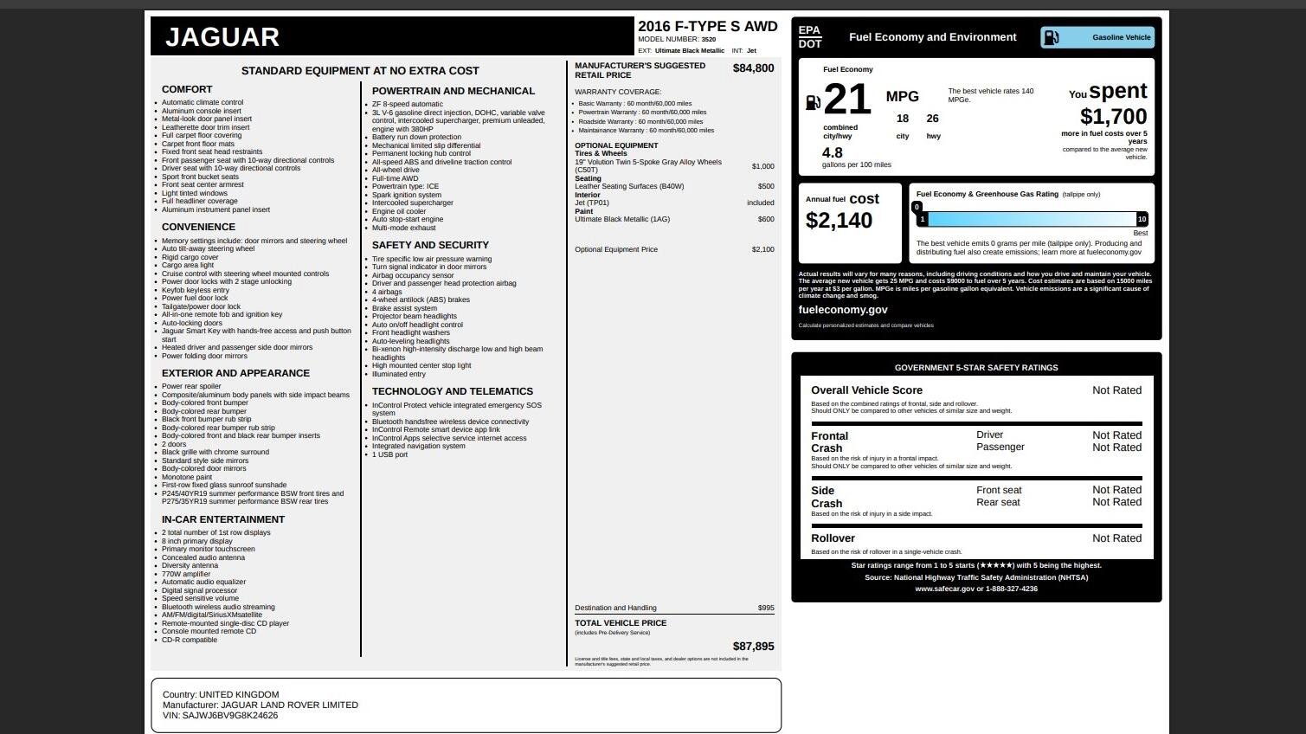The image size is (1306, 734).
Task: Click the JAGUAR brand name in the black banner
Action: [222, 37]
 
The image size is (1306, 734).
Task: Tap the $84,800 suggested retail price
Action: [753, 68]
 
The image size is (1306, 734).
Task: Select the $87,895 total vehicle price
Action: [753, 647]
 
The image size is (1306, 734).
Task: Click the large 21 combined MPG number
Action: [847, 100]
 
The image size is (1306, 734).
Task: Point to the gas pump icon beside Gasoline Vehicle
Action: [1051, 37]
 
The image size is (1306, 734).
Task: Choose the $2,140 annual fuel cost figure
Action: [839, 221]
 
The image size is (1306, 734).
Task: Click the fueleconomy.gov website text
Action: [842, 310]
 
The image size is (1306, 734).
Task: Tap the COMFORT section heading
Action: [187, 89]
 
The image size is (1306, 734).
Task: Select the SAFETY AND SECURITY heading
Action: [430, 245]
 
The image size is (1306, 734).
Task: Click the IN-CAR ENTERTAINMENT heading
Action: [223, 519]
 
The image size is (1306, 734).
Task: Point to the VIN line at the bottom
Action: [220, 716]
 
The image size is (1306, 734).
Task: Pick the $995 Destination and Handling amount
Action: [766, 608]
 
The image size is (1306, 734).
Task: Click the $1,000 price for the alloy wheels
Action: [762, 166]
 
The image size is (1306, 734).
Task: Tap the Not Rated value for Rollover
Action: [1116, 538]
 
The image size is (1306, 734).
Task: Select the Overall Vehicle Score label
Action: [866, 390]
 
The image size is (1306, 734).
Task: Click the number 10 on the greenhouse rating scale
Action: [1142, 219]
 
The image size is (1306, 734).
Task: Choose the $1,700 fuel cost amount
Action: [1113, 117]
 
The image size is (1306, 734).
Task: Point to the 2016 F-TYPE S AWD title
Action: [707, 27]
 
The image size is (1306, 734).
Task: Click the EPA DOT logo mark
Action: [810, 37]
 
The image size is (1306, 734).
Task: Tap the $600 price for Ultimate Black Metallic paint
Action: [765, 219]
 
